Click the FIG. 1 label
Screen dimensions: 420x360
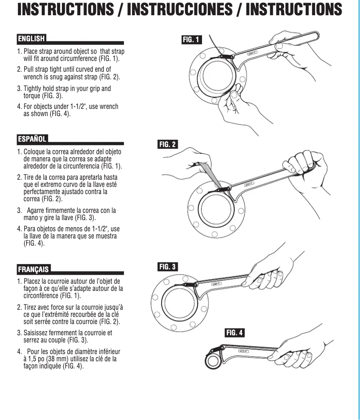coord(192,40)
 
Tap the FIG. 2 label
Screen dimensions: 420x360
coord(168,144)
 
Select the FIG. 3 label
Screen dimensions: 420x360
coord(168,267)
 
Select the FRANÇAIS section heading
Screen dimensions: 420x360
coord(34,269)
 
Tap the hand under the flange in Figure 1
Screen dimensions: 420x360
coord(233,101)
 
